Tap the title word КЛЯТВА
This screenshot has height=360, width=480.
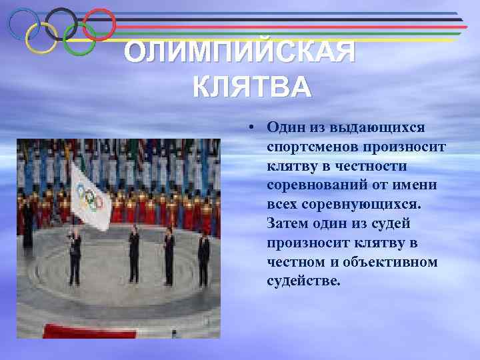251,87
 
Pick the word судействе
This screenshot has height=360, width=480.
303,281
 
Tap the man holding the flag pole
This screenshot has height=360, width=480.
75,254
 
